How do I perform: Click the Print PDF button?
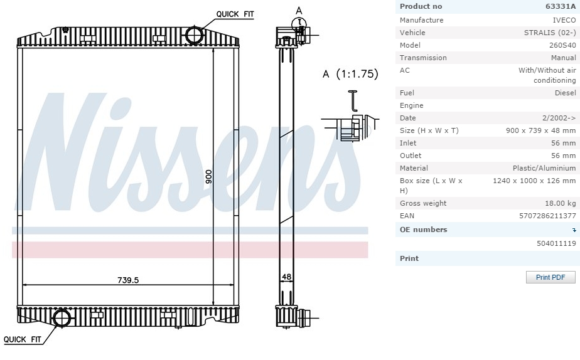pyautogui.click(x=550, y=277)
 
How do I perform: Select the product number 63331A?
pyautogui.click(x=561, y=6)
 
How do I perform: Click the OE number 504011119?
pyautogui.click(x=556, y=243)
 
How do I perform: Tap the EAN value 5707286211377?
pyautogui.click(x=547, y=216)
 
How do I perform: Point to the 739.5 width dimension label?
pyautogui.click(x=128, y=280)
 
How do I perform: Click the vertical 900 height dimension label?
pyautogui.click(x=208, y=177)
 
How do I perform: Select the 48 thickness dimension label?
pyautogui.click(x=287, y=277)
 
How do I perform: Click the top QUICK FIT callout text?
pyautogui.click(x=235, y=14)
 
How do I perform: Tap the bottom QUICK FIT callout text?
pyautogui.click(x=23, y=339)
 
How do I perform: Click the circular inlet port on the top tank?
pyautogui.click(x=195, y=35)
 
